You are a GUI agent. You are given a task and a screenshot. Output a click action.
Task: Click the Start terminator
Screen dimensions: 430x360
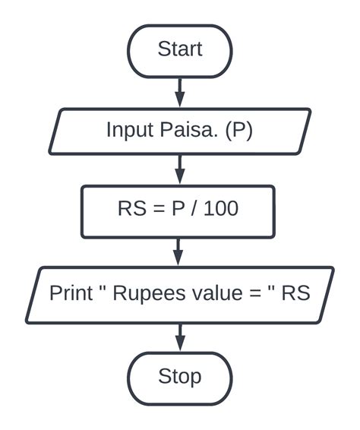click(x=179, y=50)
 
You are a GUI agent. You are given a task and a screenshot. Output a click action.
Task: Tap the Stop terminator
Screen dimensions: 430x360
click(x=179, y=377)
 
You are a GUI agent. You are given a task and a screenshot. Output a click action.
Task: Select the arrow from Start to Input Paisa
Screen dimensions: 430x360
click(x=179, y=92)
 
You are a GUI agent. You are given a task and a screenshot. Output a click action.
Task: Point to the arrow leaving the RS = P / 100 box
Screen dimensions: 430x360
click(x=179, y=251)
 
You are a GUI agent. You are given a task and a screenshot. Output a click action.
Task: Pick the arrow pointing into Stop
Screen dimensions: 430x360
click(x=179, y=337)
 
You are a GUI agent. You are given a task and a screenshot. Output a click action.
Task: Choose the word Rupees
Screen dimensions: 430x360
click(x=145, y=293)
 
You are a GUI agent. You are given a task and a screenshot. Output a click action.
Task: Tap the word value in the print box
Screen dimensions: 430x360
click(x=210, y=293)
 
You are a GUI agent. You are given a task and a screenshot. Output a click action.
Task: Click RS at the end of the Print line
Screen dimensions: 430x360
click(x=295, y=293)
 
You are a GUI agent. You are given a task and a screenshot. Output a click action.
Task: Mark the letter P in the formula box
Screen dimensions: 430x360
click(x=178, y=208)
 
